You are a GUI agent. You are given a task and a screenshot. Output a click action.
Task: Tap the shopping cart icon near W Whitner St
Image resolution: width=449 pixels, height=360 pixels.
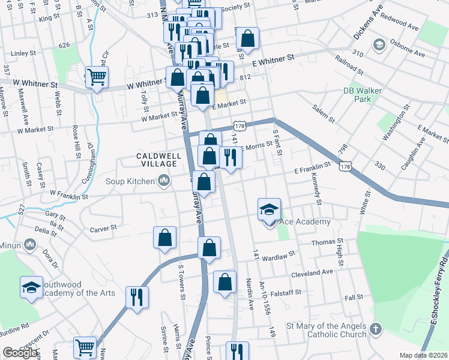[97, 76]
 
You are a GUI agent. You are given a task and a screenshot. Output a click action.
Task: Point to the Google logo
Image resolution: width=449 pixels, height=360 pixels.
[20, 353]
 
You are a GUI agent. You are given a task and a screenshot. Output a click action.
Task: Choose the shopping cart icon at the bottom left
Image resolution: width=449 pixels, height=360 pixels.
[85, 347]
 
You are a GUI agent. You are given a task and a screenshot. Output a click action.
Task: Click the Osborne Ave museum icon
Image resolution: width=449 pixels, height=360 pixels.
[379, 45]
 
